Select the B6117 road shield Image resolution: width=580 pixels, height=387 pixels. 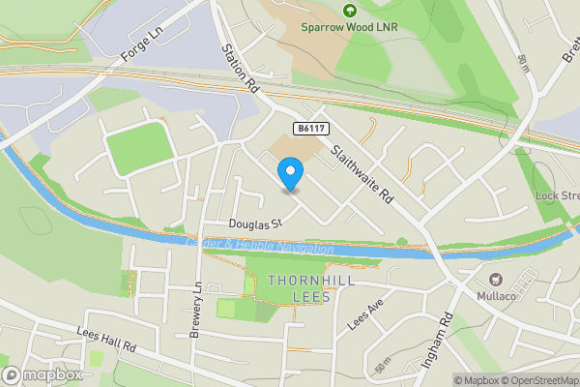[x=309, y=128]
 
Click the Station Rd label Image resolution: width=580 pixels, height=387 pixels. [x=242, y=69]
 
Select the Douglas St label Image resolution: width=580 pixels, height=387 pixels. [x=254, y=223]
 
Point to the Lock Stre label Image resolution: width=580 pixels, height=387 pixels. [x=558, y=195]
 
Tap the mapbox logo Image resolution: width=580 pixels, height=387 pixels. [x=43, y=375]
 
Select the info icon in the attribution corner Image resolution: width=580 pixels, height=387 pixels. [x=444, y=380]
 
